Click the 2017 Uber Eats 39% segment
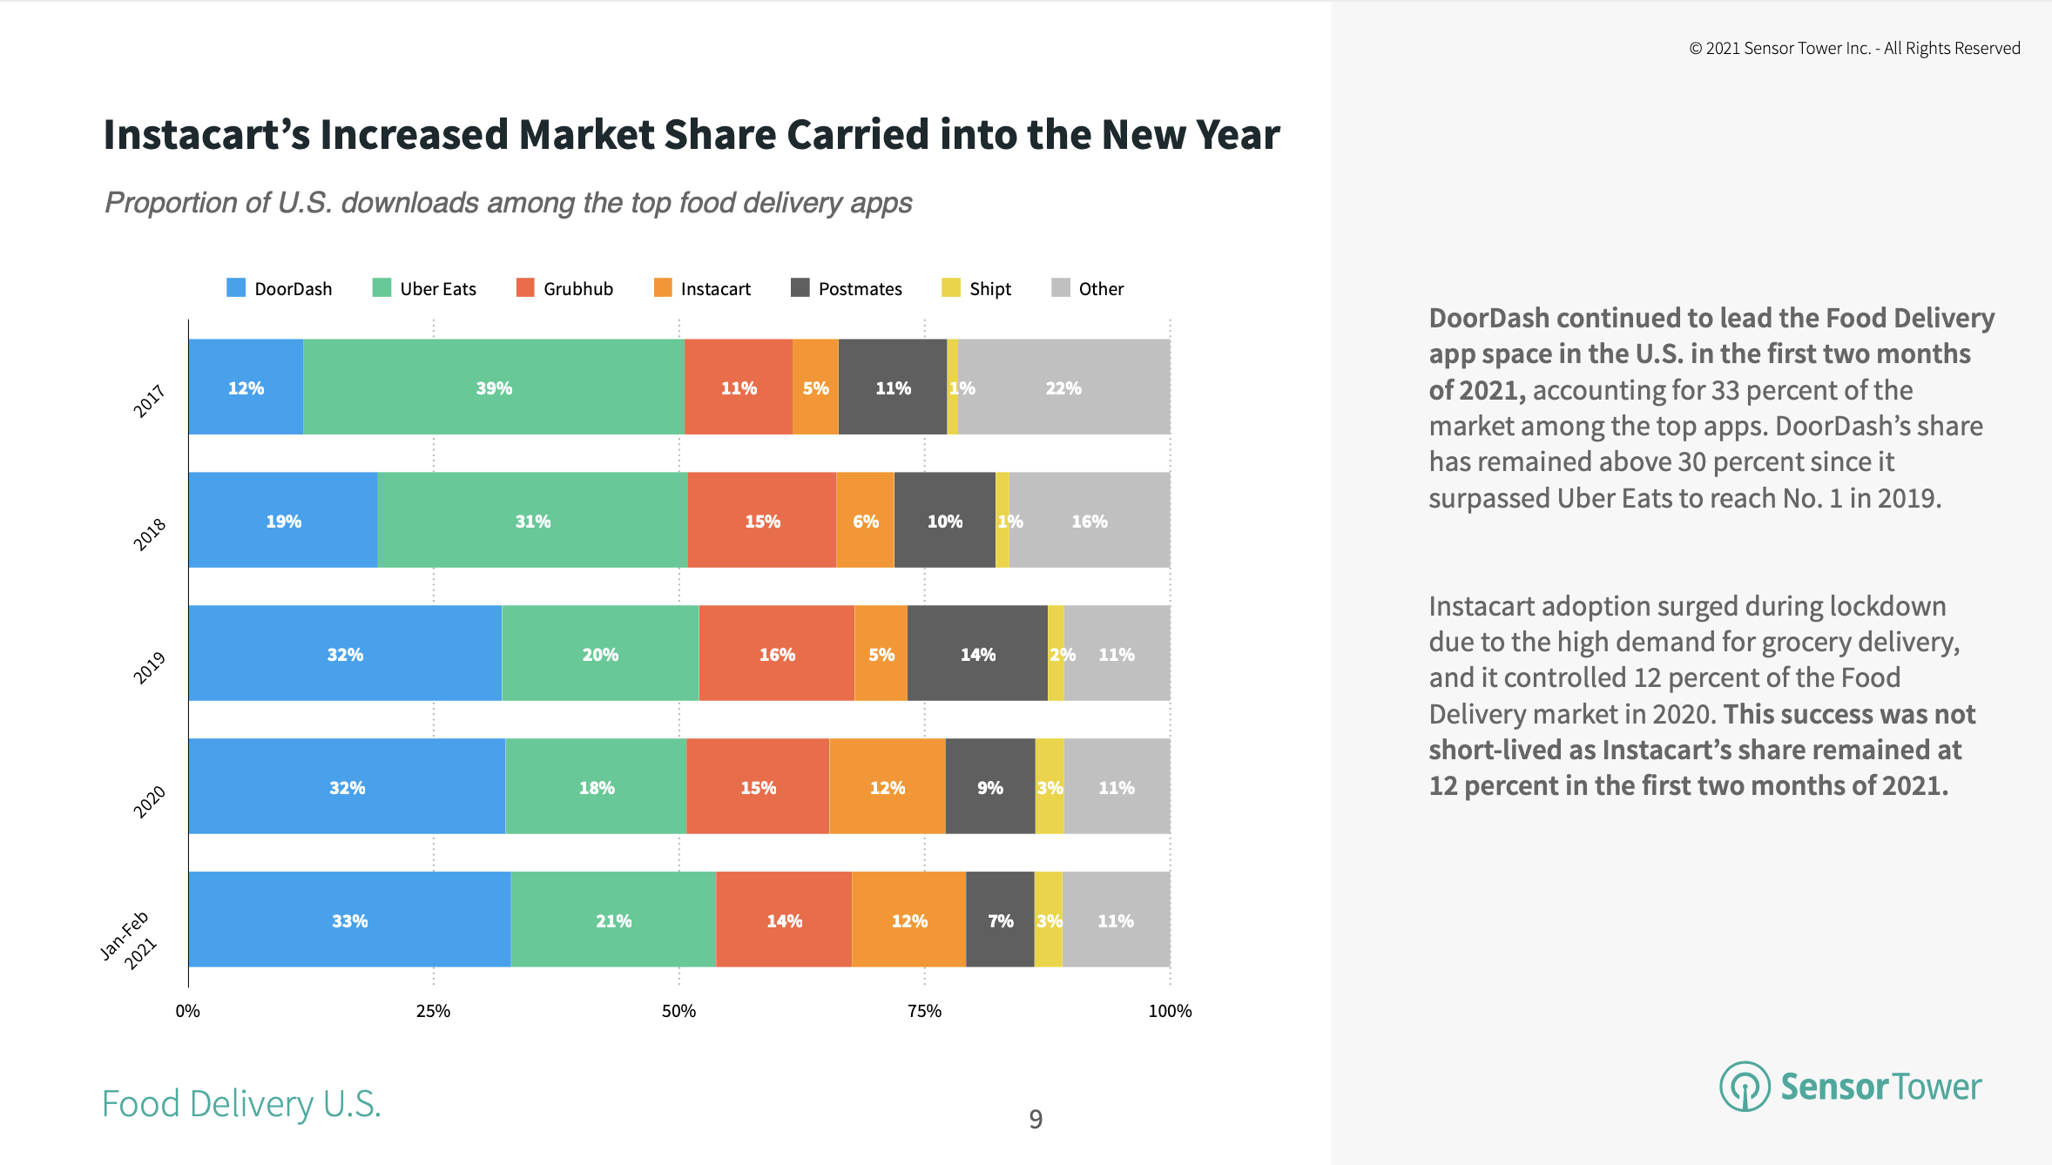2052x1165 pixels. [494, 387]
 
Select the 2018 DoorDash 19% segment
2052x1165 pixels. [283, 521]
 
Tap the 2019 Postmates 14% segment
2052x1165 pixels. [977, 654]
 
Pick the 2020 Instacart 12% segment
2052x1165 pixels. [887, 787]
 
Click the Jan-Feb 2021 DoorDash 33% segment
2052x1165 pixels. [349, 920]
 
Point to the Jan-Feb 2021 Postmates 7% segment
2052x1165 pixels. [1000, 920]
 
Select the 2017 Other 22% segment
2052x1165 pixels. [1063, 387]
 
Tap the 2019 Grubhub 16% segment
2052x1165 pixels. [776, 654]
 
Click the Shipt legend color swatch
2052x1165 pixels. [950, 288]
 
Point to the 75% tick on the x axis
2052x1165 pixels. [924, 1011]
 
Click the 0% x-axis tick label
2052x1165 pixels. [187, 1011]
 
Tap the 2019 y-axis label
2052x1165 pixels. [150, 668]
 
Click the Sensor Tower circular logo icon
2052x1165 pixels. [1745, 1086]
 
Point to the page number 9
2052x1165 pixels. [1036, 1119]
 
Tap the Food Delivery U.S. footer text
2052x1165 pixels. [241, 1104]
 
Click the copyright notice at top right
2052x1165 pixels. [1854, 49]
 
